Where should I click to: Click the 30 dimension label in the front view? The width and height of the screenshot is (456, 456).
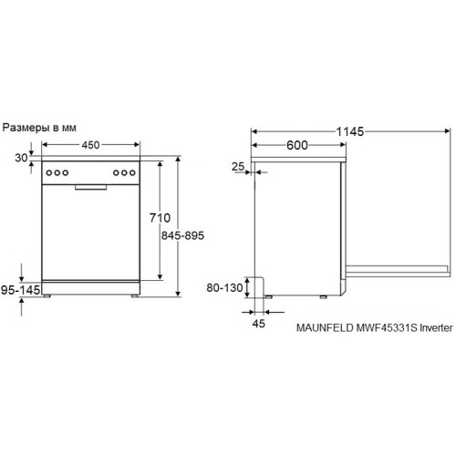[x=21, y=158]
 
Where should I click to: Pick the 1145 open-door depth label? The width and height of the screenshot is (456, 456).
[x=345, y=131]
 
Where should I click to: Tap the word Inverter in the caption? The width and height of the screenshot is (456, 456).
[x=433, y=334]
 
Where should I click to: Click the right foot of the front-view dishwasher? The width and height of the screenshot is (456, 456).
[x=132, y=297]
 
